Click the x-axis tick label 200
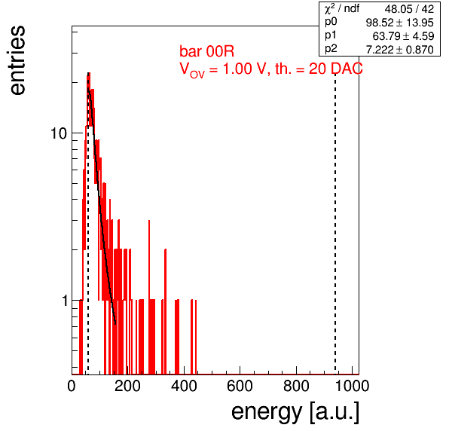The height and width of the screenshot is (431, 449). click(x=127, y=386)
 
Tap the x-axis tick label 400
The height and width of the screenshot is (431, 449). click(x=184, y=386)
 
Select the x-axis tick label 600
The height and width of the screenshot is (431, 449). click(x=240, y=386)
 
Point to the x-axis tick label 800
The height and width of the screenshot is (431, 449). click(x=296, y=386)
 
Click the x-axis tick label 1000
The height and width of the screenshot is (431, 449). click(x=352, y=386)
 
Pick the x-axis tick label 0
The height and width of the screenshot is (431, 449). click(x=72, y=386)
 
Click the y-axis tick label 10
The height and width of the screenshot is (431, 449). click(x=59, y=133)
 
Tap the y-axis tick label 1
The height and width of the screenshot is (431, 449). click(x=65, y=301)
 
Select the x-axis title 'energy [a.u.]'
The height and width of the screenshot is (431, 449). click(x=295, y=412)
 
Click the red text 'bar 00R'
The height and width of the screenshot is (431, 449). click(x=206, y=51)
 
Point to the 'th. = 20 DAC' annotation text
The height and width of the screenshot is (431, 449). click(x=319, y=69)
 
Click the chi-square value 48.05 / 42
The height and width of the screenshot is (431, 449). click(x=409, y=9)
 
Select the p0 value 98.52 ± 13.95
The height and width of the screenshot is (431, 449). click(x=400, y=23)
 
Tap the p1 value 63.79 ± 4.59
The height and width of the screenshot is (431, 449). click(x=403, y=36)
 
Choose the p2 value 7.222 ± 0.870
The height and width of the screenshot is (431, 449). click(x=400, y=50)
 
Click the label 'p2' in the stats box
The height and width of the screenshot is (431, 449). click(x=331, y=49)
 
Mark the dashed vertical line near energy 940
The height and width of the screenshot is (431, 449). click(x=335, y=223)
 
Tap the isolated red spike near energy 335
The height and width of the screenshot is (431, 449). click(x=166, y=312)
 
